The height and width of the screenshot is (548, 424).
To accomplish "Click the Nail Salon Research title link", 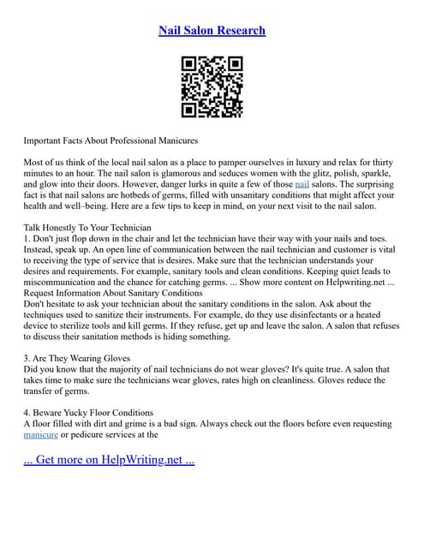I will (x=212, y=31).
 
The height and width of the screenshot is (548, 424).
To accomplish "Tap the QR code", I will (x=212, y=86).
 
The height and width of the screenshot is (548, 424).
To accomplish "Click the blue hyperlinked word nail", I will (x=302, y=183).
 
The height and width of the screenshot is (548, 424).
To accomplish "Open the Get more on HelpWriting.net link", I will (x=109, y=461).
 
